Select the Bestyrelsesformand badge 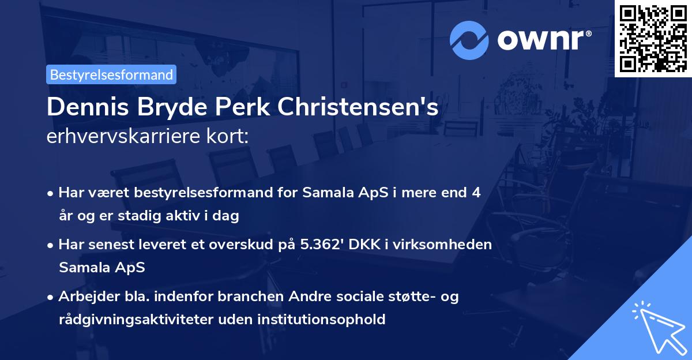point(111,74)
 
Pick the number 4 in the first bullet point(476,193)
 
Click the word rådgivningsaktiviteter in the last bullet point(138,319)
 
